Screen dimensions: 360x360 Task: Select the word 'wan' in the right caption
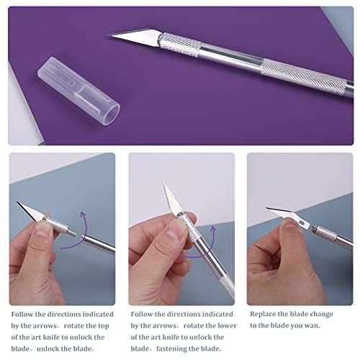point(324,325)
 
